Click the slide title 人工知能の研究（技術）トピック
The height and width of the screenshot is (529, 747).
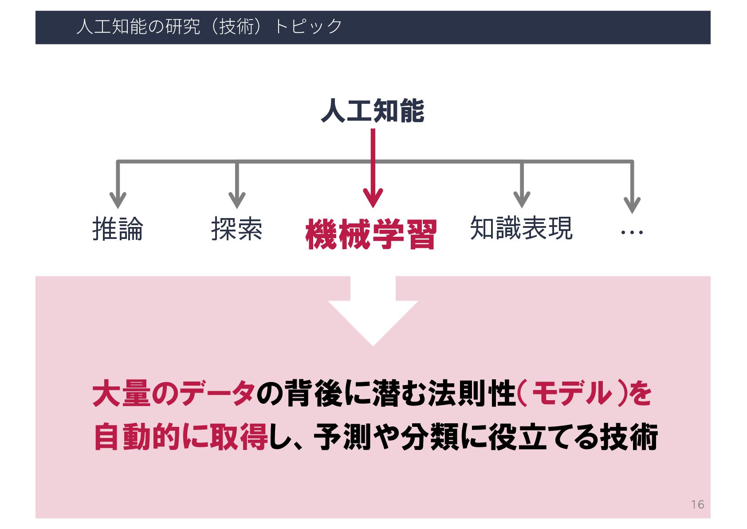coord(209,27)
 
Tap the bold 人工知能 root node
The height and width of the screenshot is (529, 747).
coord(373,111)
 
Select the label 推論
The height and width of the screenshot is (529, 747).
coord(118,229)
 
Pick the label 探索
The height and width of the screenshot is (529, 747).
coord(237,229)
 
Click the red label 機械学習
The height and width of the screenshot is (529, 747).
coord(371,234)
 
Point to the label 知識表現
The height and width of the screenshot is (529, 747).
coord(521,228)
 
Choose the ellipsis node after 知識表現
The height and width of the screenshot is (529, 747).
coord(632,232)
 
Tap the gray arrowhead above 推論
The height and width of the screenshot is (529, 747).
coord(118,200)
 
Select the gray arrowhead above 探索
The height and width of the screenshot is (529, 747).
coord(237,200)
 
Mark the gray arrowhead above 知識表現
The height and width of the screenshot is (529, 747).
coord(522,200)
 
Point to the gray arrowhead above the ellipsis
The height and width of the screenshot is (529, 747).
coord(632,204)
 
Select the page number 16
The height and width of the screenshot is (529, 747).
coord(697,505)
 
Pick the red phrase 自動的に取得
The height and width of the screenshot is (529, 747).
coord(181,437)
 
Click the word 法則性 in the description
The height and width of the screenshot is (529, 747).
coord(471,394)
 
